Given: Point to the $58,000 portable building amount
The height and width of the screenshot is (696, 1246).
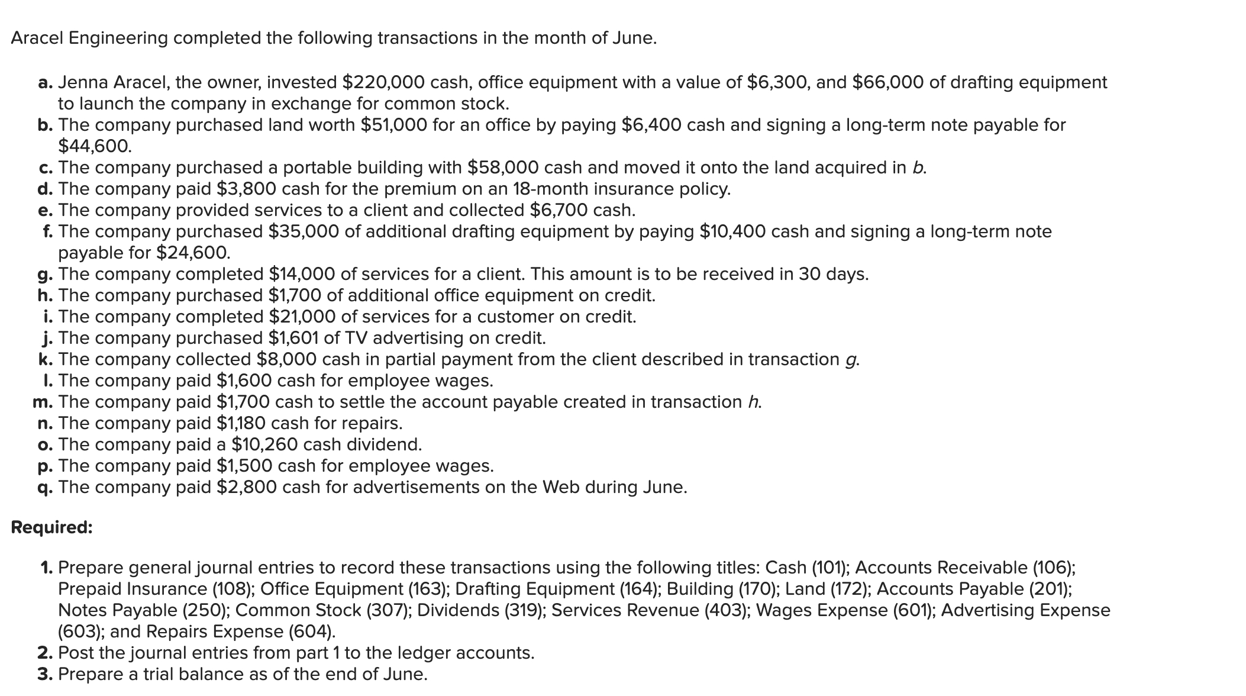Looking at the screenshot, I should point(503,167).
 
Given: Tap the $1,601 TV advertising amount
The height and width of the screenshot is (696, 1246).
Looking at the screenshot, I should point(293,338).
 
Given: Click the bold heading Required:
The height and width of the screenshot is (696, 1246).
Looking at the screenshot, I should point(52,527).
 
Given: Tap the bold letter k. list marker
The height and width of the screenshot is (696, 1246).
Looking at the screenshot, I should point(46,359).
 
